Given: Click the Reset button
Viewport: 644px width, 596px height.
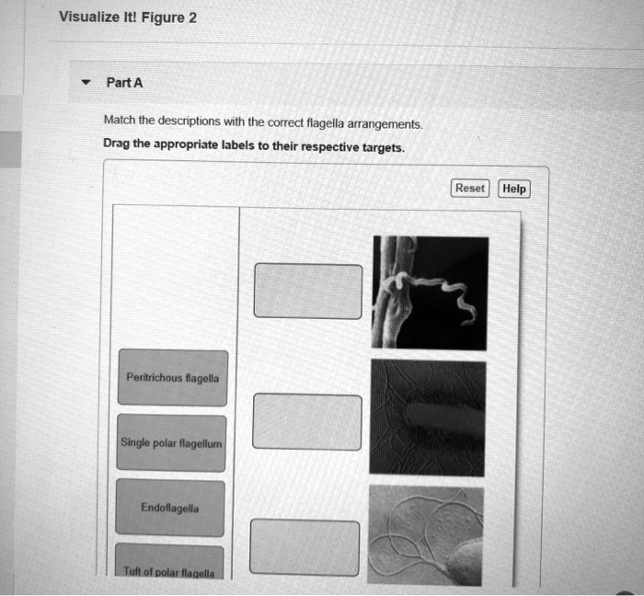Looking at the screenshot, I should coord(470,188).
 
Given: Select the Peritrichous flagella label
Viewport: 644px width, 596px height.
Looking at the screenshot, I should coord(172,377).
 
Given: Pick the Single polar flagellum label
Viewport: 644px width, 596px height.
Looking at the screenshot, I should coord(171,443).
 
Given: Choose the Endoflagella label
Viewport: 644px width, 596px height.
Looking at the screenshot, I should coord(170,508).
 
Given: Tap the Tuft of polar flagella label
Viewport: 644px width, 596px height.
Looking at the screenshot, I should coord(170,571).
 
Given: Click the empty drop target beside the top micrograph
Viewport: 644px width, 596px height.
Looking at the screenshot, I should coord(308,291).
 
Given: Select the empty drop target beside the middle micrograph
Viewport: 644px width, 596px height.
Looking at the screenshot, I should coord(307,422).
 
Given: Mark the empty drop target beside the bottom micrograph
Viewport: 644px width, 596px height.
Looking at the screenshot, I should coord(305,548).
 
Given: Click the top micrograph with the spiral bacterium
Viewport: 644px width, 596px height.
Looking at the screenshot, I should coord(430,292).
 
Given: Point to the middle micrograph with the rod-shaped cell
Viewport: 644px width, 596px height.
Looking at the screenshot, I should coord(427,417).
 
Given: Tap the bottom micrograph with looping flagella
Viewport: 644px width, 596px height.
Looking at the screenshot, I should coord(425,533).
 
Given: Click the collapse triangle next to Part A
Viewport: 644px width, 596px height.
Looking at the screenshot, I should coord(86,83).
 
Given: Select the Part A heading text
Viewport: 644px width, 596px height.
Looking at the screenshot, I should coord(124,83).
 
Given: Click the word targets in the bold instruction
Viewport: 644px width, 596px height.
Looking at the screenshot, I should coord(378,147).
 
